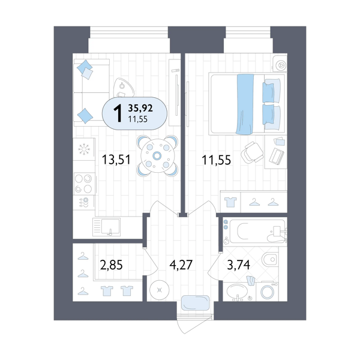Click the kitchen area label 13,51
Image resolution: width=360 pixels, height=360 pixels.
116,160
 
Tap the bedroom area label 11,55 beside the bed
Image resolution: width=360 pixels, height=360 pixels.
216,160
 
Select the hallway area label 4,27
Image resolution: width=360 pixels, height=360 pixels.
181,265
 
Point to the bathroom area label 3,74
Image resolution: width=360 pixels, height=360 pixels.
238,265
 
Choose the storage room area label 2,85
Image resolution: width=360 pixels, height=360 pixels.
112,265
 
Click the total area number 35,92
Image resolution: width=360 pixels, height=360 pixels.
140,108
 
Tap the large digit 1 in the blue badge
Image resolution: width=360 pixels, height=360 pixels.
118,113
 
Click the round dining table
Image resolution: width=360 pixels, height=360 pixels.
157,156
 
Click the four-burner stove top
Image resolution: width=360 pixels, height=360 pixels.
84,184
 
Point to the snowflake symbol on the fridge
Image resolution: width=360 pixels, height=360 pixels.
84,149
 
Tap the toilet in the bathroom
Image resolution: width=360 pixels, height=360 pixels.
270,259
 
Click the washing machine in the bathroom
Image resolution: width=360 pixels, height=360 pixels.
267,292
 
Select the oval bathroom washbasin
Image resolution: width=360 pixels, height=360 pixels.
237,291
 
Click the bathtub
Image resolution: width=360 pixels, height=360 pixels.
257,231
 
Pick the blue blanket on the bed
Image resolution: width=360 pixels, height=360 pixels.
245,104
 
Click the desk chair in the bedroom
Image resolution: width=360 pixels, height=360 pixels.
252,152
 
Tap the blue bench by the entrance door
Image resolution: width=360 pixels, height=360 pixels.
196,302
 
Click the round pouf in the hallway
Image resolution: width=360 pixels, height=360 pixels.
160,290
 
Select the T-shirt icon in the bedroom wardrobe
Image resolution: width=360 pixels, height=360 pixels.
230,202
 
